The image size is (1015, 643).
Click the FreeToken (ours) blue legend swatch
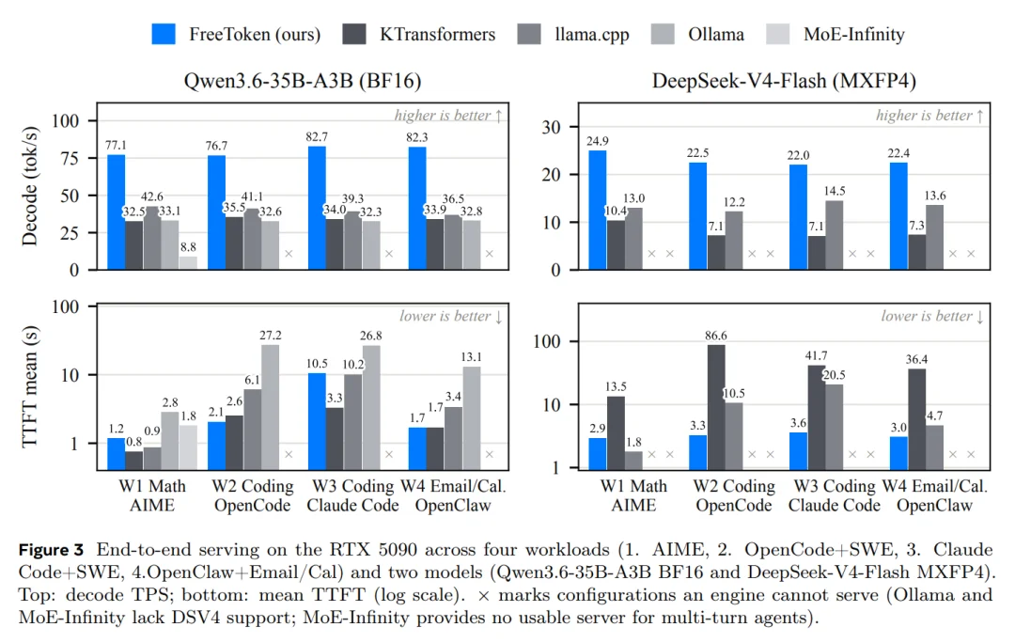164,35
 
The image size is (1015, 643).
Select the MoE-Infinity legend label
853,35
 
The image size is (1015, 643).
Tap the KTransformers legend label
437,35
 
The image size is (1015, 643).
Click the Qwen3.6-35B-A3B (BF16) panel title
303,81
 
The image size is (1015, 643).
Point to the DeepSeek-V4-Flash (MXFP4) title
784,81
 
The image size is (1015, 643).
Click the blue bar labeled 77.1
116,212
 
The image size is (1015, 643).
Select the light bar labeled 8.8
188,263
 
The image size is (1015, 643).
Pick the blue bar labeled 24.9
598,210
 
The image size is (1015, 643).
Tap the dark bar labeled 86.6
716,407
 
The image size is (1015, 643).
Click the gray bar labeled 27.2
271,407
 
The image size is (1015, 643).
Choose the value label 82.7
318,136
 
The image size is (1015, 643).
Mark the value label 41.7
817,355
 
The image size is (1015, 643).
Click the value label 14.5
835,191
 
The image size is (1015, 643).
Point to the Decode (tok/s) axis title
29,186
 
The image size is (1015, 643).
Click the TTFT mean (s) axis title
29,386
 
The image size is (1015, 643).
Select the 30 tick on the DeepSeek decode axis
552,128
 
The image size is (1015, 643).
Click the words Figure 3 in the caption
51,550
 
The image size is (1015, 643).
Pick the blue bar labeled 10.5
318,421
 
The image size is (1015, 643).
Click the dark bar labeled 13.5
616,432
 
